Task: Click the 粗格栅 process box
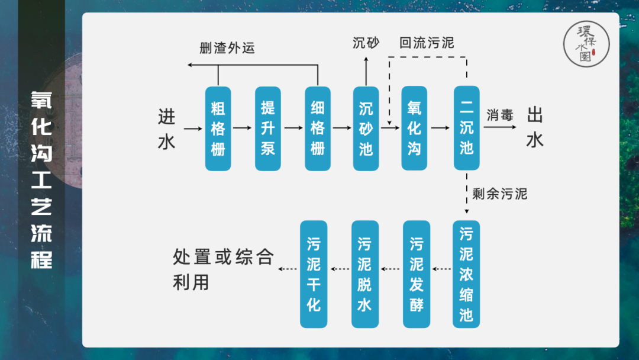(x=218, y=128)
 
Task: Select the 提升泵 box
(x=268, y=128)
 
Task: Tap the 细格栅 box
(x=318, y=128)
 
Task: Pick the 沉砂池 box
(x=366, y=128)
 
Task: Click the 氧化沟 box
(x=414, y=128)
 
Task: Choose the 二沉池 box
(x=467, y=128)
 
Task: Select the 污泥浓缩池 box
(x=466, y=274)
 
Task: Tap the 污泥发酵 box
(x=417, y=274)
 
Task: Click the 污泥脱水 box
(x=364, y=274)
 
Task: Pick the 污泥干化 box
(x=314, y=274)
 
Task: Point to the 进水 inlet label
(x=167, y=129)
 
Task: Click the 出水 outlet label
(x=535, y=127)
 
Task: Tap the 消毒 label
(x=500, y=115)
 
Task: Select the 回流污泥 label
(x=427, y=43)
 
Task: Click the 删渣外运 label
(x=227, y=48)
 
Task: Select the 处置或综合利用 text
(x=223, y=269)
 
